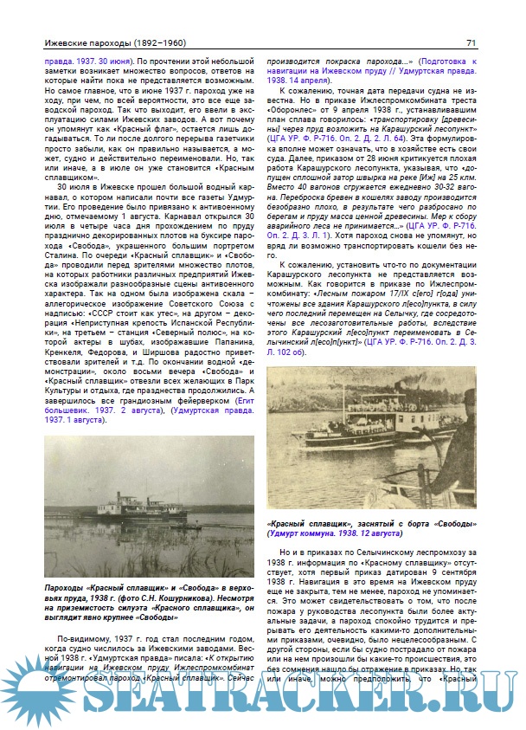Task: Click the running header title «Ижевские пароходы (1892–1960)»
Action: point(105,42)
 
